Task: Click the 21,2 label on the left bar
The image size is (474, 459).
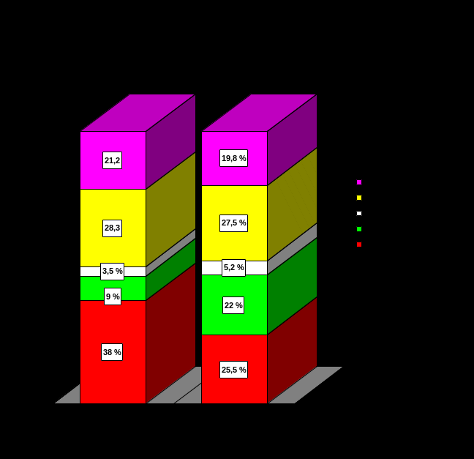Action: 112,160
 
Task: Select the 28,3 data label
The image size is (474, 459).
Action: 112,228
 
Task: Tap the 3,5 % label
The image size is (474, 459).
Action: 112,271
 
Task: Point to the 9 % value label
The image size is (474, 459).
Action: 112,296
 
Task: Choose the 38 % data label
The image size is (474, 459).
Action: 112,352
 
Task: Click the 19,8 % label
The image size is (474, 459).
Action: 233,158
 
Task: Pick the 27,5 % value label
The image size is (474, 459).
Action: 233,223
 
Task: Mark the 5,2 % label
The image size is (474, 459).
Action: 233,267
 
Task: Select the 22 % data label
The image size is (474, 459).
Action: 233,305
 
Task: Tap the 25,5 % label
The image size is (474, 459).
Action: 233,370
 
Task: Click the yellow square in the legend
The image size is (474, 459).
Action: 359,198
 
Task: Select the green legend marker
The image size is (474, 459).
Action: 359,229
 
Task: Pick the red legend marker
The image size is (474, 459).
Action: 359,245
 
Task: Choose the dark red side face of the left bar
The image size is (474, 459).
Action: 170,333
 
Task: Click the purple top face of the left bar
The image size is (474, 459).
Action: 138,113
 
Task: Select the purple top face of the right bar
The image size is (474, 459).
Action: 259,113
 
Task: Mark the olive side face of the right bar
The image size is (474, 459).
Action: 292,205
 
